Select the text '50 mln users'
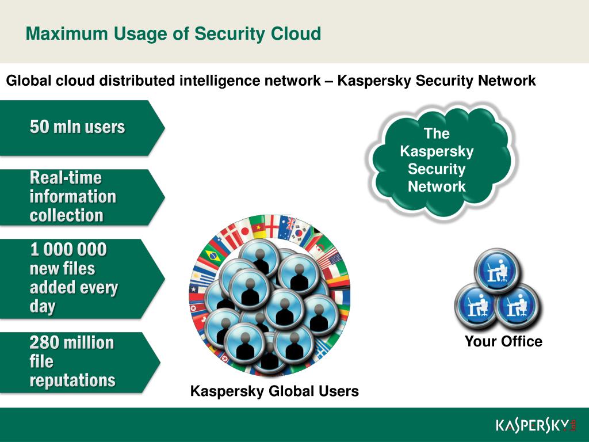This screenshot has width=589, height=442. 77,127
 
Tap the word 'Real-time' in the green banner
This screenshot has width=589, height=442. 66,177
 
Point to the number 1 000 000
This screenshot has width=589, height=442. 68,250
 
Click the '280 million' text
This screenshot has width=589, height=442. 72,343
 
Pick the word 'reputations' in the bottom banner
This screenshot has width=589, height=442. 72,380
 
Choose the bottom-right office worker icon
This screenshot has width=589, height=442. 517,307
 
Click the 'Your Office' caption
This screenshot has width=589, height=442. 503,342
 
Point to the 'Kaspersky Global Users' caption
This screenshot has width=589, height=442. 274,392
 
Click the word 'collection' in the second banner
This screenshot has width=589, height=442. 67,215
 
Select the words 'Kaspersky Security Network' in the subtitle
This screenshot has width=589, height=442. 437,81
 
